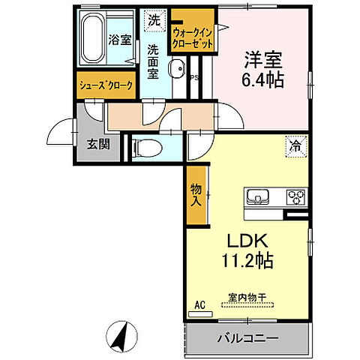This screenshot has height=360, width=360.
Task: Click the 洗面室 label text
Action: [154, 61]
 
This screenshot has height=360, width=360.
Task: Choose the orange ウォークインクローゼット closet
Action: [193, 37]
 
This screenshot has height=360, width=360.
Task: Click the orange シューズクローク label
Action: [106, 86]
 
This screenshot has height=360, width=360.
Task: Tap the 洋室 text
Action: [262, 59]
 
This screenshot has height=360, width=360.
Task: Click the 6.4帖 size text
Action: [262, 80]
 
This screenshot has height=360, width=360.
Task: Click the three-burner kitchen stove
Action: [294, 199]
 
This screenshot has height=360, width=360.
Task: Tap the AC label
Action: [200, 304]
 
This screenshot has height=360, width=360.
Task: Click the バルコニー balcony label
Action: [247, 339]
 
